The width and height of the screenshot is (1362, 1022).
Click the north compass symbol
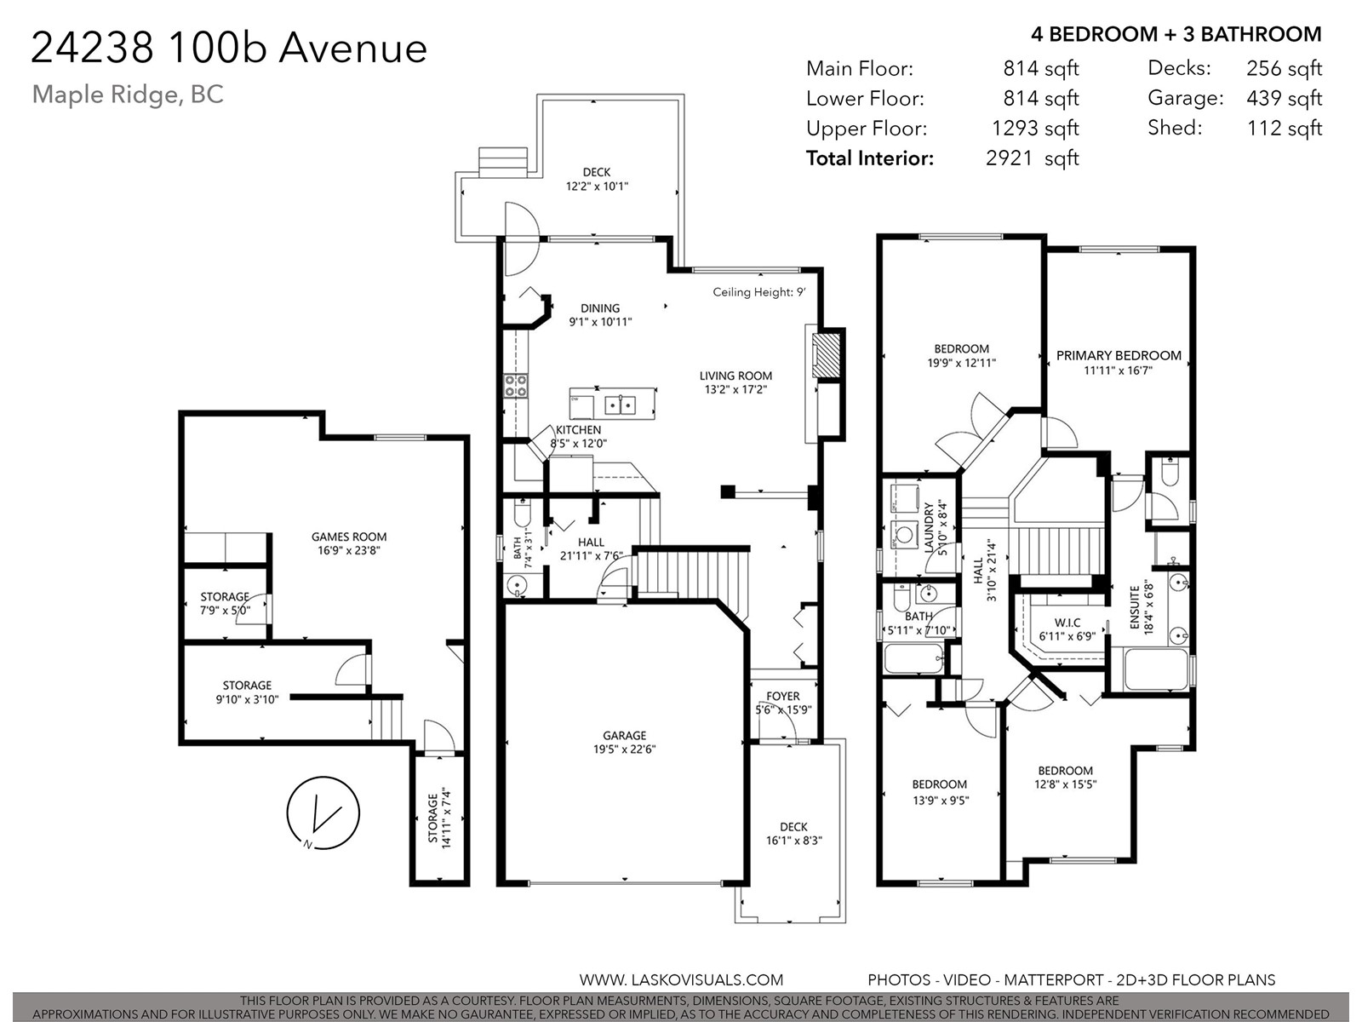323,812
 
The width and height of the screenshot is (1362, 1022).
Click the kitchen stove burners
515,385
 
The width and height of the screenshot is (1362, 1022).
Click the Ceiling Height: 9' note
758,291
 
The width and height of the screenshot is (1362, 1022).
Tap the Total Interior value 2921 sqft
1032,158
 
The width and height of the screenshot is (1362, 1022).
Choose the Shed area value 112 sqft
1285,128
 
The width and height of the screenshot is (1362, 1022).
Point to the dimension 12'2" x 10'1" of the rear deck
597,186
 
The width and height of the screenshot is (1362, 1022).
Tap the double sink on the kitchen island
621,405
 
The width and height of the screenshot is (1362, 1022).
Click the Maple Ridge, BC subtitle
128,95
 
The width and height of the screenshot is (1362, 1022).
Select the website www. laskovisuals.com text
681,979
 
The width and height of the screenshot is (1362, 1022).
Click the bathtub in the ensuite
1156,669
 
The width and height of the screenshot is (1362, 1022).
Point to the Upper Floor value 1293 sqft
1035,128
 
